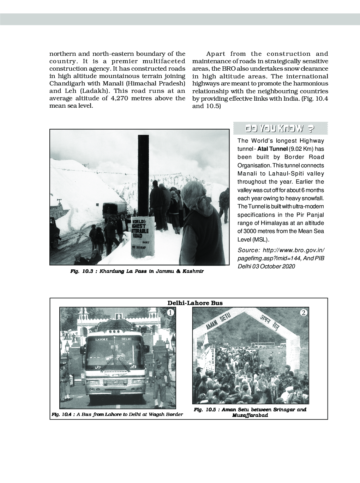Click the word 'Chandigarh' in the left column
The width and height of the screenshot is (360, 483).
[x=65, y=83]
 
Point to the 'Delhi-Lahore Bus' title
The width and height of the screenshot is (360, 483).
[x=195, y=303]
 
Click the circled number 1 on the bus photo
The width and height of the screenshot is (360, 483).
[x=170, y=312]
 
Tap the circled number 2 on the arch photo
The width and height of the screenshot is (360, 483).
[x=304, y=312]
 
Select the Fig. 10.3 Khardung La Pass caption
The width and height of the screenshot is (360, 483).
[x=137, y=272]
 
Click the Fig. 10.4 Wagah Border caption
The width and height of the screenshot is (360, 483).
[x=117, y=414]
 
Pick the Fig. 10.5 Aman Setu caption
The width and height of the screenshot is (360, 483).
[x=250, y=412]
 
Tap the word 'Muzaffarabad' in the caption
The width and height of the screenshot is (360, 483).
[x=250, y=416]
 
